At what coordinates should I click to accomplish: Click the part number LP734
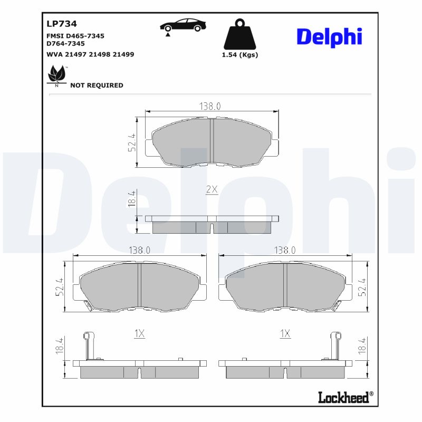point(62,24)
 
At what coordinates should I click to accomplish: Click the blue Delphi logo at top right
point(329,37)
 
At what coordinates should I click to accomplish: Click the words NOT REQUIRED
point(97,85)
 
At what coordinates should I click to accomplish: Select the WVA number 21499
point(123,54)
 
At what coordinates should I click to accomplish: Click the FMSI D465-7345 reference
point(75,35)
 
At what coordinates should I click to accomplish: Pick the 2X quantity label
point(212,189)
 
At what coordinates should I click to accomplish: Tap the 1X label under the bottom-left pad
point(139,333)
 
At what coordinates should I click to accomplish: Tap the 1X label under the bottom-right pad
point(285,333)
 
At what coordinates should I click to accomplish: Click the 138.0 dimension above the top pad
point(209,106)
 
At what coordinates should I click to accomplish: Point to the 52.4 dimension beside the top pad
point(132,142)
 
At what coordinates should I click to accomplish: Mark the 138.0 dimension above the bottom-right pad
point(285,250)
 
